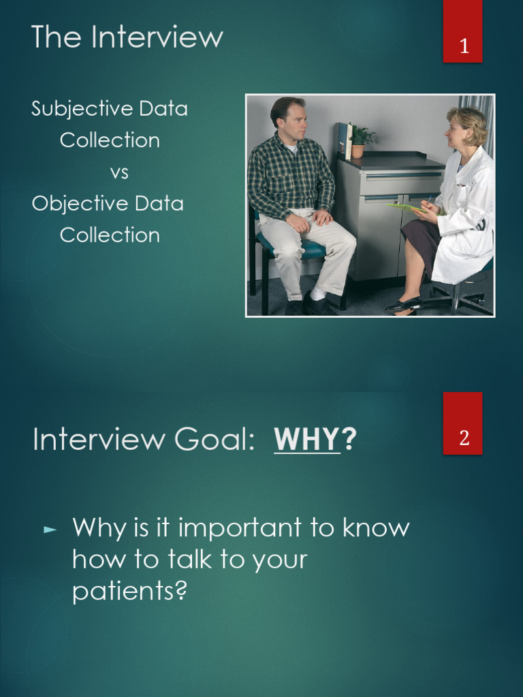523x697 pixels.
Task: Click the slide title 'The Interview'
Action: (x=127, y=37)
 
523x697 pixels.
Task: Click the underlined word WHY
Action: (x=306, y=440)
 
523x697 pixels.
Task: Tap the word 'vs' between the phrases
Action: (x=118, y=172)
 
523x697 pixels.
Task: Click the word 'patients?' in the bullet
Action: (x=129, y=591)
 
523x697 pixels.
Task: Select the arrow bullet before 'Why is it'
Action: (x=50, y=529)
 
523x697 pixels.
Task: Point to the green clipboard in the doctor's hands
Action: (x=407, y=207)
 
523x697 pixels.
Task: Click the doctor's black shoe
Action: (x=403, y=304)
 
